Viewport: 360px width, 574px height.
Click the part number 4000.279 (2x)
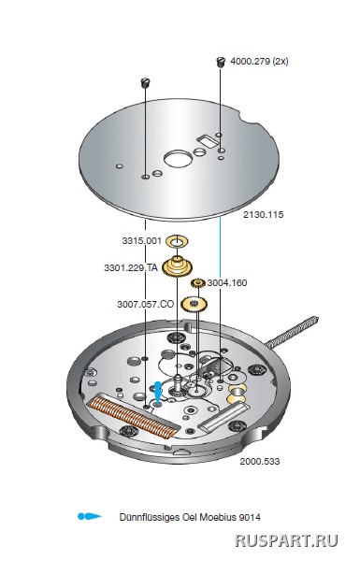tap(259, 61)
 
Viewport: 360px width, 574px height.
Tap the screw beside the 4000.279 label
tap(220, 62)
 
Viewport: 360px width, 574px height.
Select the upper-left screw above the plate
tap(145, 82)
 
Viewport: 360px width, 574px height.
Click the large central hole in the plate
tap(178, 159)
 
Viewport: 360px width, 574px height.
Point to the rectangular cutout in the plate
tap(208, 140)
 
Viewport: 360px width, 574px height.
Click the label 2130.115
tap(264, 214)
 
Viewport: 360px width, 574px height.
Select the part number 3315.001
tap(142, 241)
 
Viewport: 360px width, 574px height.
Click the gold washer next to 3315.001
tap(177, 241)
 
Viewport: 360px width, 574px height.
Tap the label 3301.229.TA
tap(131, 267)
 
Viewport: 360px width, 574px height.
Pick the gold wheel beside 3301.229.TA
tap(178, 267)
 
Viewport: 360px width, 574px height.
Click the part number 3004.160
tap(227, 282)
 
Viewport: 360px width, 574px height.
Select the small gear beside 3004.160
tap(198, 283)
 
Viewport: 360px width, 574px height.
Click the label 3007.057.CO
tap(145, 304)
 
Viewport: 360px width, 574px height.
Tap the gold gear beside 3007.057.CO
tap(194, 304)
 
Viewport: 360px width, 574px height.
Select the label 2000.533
tap(260, 461)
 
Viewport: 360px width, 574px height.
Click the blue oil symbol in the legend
tap(90, 517)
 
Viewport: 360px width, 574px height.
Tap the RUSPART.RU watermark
tap(286, 540)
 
